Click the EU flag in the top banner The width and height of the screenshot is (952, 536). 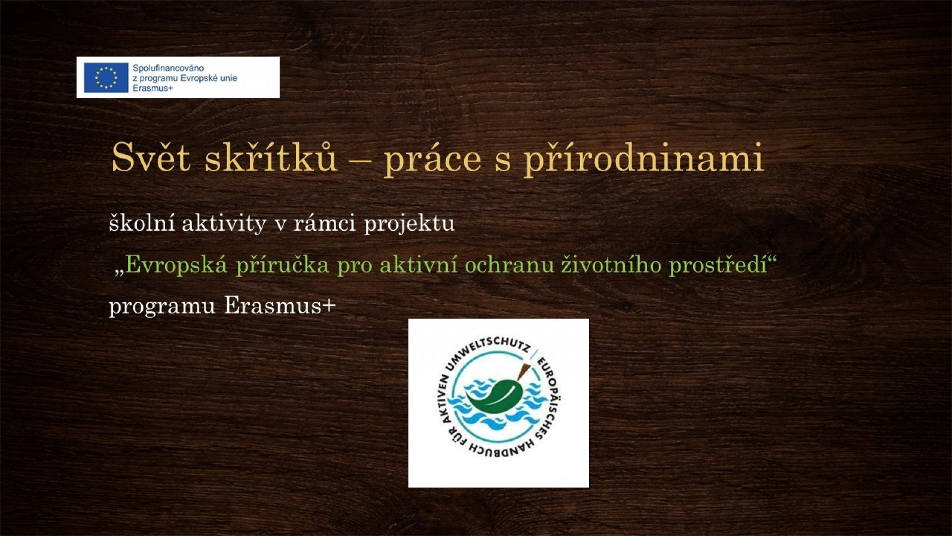click(x=106, y=77)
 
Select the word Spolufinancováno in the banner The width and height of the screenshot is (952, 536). click(x=168, y=68)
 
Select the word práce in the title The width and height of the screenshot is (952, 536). click(x=432, y=160)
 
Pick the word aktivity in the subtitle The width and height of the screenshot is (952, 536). click(x=224, y=224)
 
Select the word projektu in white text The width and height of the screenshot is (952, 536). click(x=409, y=224)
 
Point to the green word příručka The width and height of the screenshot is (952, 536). click(x=282, y=265)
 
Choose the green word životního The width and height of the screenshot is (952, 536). click(x=611, y=265)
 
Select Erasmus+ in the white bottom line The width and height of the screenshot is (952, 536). click(x=280, y=306)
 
